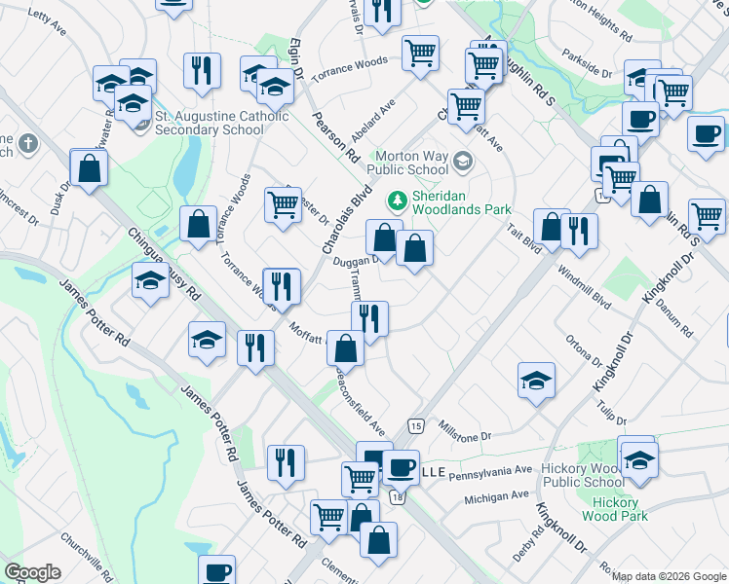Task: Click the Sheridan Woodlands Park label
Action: pos(462,201)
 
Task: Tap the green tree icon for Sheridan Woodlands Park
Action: pos(397,201)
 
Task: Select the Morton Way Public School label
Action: pos(413,163)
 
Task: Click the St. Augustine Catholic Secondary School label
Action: pos(222,124)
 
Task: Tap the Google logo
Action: pos(32,572)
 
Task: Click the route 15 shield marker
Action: pos(416,426)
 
